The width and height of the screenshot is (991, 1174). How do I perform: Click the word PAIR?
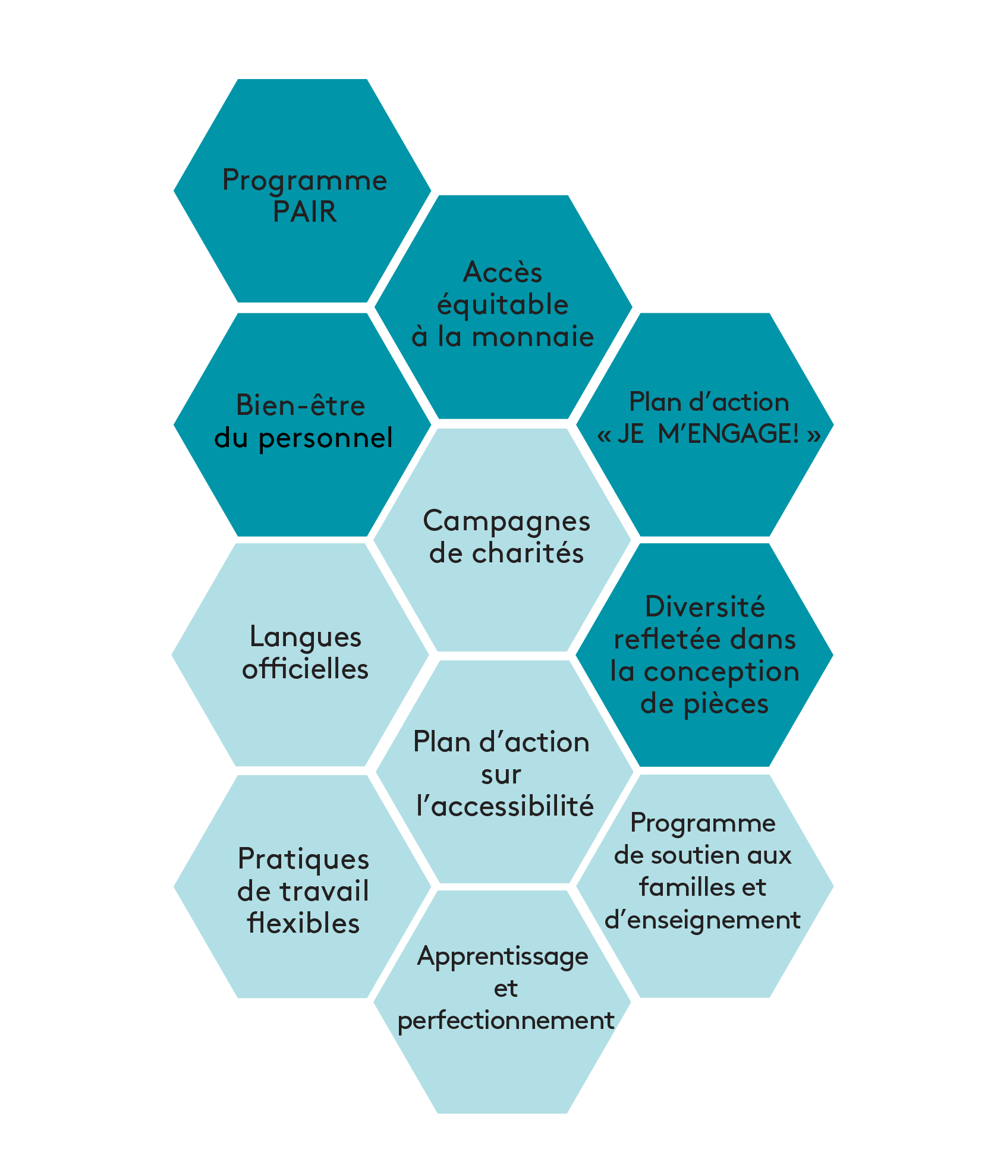pyautogui.click(x=304, y=212)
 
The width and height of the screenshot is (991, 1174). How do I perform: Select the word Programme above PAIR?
pyautogui.click(x=304, y=180)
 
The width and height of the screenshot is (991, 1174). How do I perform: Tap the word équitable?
pyautogui.click(x=503, y=305)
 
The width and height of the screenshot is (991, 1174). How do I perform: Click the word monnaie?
pyautogui.click(x=533, y=337)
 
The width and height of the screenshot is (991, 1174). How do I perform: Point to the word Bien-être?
pyautogui.click(x=301, y=406)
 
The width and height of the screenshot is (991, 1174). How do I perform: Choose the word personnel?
pyautogui.click(x=325, y=439)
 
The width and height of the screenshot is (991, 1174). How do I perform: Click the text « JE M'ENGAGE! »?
pyautogui.click(x=709, y=434)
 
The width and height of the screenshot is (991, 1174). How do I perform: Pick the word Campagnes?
pyautogui.click(x=506, y=521)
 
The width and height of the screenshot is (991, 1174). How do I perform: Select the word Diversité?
pyautogui.click(x=704, y=607)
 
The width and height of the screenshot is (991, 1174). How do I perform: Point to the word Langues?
pyautogui.click(x=305, y=637)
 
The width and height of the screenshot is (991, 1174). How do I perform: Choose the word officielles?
pyautogui.click(x=305, y=669)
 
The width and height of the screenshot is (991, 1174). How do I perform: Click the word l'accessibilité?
pyautogui.click(x=505, y=807)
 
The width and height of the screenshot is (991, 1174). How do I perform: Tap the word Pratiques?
pyautogui.click(x=303, y=860)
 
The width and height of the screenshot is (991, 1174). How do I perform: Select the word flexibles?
pyautogui.click(x=303, y=924)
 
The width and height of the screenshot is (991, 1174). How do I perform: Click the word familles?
pyautogui.click(x=679, y=887)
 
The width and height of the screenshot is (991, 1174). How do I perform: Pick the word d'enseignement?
pyautogui.click(x=703, y=920)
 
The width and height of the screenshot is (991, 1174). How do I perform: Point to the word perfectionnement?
pyautogui.click(x=505, y=1021)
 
